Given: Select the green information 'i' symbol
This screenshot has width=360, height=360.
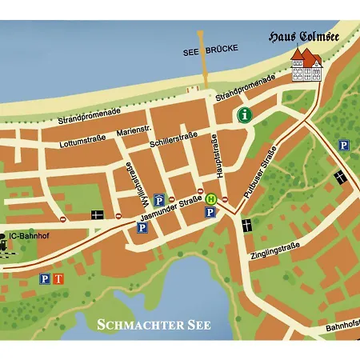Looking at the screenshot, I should (x=245, y=115).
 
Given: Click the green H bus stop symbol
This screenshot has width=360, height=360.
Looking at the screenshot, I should (x=211, y=198).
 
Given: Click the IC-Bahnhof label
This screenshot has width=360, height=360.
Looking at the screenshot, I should (x=27, y=236).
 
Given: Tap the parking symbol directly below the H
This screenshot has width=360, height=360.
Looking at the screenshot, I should (x=210, y=212).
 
